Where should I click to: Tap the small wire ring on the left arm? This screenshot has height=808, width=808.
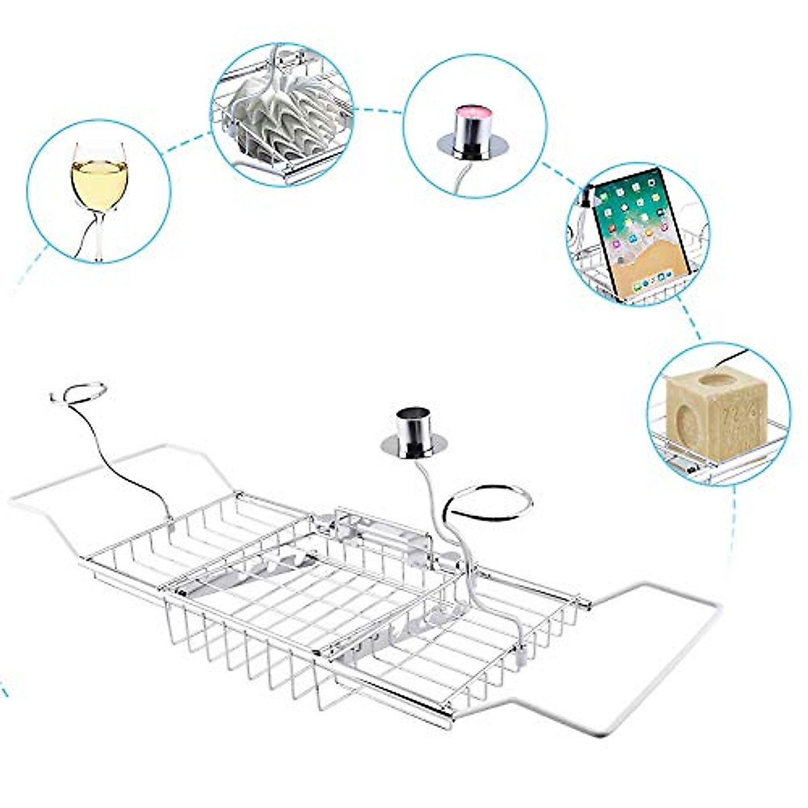pyautogui.click(x=78, y=393)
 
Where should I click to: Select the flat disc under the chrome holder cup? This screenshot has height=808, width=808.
pyautogui.click(x=413, y=445)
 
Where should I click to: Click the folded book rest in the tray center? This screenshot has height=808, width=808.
pyautogui.click(x=269, y=572)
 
